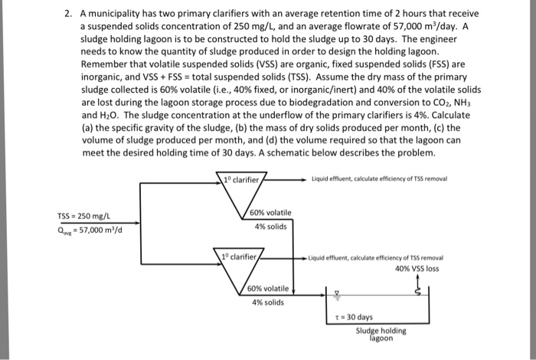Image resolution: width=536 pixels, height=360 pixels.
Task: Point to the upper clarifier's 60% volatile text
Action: (271, 212)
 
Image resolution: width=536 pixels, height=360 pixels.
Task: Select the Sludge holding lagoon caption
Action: (380, 334)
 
